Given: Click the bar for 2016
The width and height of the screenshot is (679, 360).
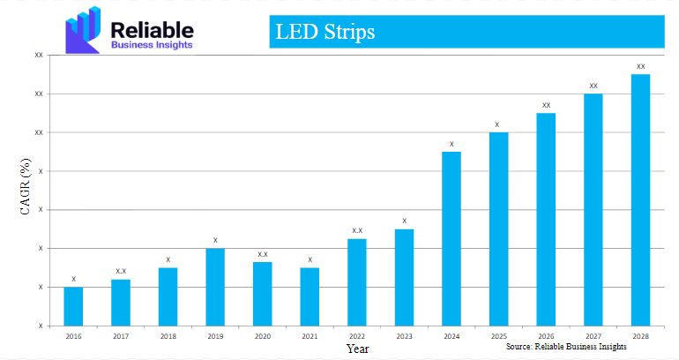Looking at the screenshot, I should coord(73,306).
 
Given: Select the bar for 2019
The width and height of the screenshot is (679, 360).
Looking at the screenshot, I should coord(215,287).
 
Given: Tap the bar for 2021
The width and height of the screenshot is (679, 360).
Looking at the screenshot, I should coord(310,296).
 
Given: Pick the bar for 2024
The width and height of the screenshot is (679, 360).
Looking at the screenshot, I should coord(451,238).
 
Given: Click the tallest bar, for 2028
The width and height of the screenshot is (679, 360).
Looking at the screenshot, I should coord(640,199).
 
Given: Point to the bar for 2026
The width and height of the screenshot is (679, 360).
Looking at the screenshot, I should coord(546,219).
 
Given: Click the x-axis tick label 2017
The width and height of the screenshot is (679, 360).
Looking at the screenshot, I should coord(121,336).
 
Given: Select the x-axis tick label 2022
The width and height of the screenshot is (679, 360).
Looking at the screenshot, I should coord(357,336).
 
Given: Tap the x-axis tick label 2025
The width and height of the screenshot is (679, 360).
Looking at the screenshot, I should coord(498,336).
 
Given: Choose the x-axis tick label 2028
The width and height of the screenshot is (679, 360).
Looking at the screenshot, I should coord(640,336).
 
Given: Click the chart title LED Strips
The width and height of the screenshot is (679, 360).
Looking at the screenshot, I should coord(325,33).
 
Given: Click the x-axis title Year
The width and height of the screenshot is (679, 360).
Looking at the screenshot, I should coord(357,349).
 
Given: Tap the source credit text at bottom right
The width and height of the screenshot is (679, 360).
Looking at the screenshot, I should coord(566,348).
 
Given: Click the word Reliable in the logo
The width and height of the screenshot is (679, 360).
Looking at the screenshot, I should coord(151,29).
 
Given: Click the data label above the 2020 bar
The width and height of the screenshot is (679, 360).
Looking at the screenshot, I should coord(263,254).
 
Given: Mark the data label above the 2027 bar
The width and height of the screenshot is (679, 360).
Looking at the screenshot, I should coord(593,86).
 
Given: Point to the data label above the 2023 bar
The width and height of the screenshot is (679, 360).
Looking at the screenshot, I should coord(404,221).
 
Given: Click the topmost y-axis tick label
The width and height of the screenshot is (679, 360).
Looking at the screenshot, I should coord(39,55).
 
